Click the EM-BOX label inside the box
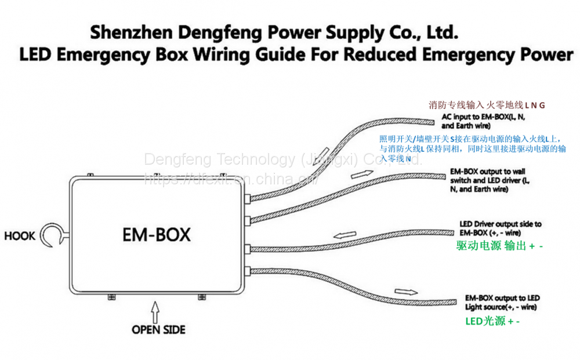pos(156,235)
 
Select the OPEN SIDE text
pos(158,330)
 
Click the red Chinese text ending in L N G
pos(487,106)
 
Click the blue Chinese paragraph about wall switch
pos(473,148)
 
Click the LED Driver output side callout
pos(500,228)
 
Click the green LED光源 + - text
pos(492,321)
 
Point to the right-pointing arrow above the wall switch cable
pos(357,174)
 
